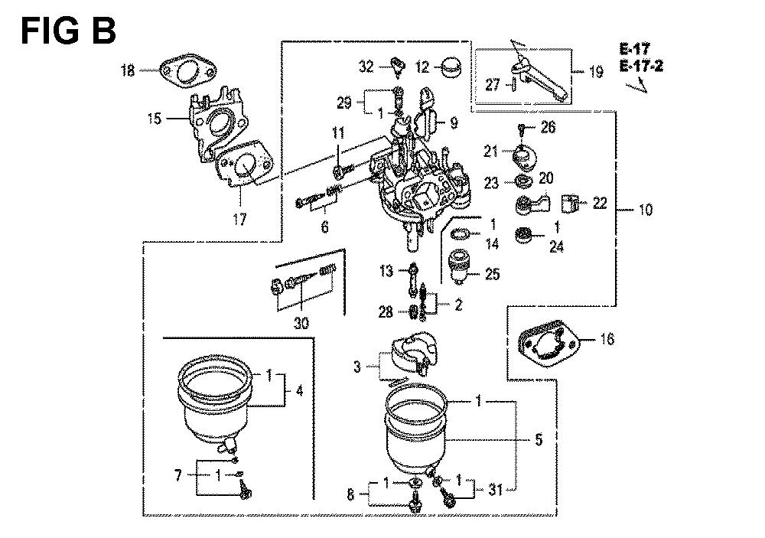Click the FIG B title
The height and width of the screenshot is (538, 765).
coord(68,31)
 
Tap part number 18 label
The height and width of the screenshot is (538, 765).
coord(128,70)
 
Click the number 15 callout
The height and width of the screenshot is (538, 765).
coord(155,118)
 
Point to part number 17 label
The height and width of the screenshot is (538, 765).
coord(239,219)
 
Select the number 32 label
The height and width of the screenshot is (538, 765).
coord(366,66)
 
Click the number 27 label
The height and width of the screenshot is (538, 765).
coord(493,85)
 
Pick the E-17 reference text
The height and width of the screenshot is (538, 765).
coord(635,49)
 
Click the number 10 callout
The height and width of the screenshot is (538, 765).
coord(645,210)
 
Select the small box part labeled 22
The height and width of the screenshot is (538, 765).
coord(569,203)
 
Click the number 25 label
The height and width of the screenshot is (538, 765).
coord(493,274)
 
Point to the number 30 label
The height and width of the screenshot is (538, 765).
coord(301,323)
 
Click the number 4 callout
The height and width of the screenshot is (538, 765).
coord(299,390)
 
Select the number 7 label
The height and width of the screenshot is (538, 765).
coord(178,474)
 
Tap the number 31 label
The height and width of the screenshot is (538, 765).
coord(495,490)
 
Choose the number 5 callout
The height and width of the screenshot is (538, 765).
coord(538,440)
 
